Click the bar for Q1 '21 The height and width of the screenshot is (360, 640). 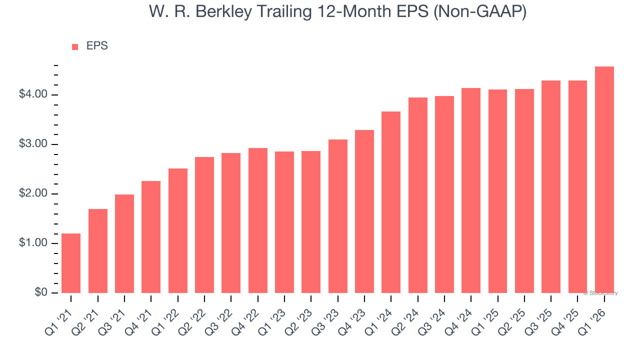tap(71, 263)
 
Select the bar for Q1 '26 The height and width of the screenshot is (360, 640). tap(604, 180)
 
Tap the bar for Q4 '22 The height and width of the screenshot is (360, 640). tap(257, 220)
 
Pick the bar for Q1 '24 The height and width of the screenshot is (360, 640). tap(391, 202)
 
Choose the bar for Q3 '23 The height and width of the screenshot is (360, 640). tap(337, 216)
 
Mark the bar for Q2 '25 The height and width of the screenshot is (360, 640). tap(524, 191)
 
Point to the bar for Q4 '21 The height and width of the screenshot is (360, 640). tap(151, 237)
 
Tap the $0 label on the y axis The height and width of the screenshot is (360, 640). tap(40, 293)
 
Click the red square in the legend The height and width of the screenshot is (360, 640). tap(75, 46)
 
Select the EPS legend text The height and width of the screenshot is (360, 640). tap(97, 46)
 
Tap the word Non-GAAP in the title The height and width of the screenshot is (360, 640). tap(480, 11)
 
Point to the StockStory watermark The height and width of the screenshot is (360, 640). tap(600, 293)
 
